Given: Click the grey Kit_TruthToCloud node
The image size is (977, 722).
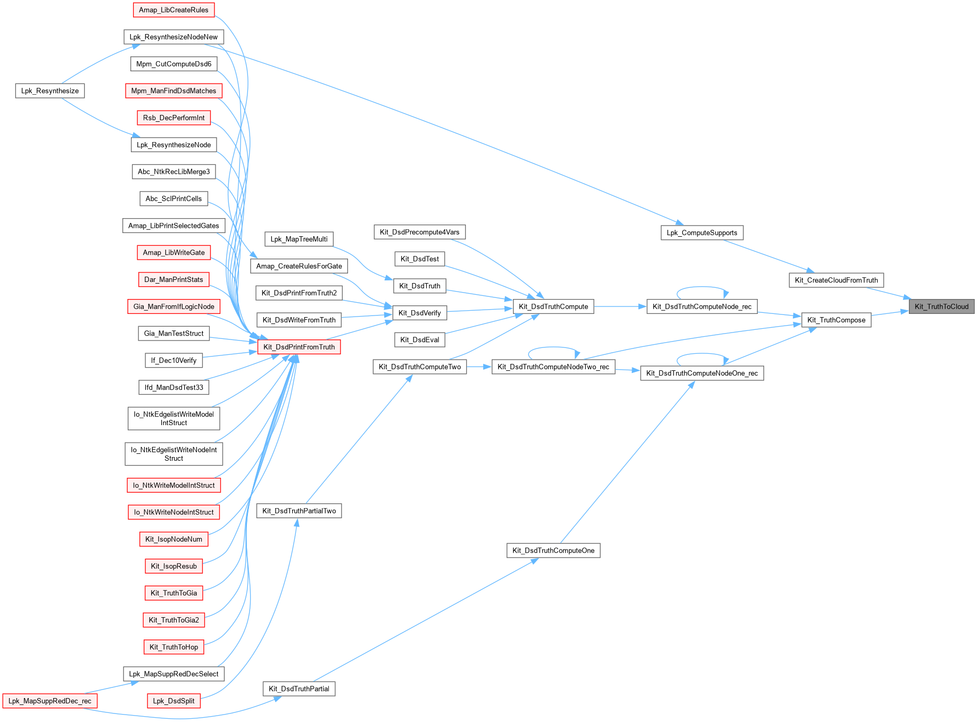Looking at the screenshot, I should (x=941, y=306).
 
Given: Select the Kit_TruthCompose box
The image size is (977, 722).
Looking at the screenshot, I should (x=836, y=320).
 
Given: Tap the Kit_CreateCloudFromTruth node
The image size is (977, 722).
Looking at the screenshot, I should (x=836, y=280).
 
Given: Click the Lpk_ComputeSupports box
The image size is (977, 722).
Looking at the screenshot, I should (x=702, y=233).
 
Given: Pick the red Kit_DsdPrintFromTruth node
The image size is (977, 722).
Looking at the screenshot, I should (x=299, y=347).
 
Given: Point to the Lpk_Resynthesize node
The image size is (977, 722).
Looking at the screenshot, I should (x=50, y=91).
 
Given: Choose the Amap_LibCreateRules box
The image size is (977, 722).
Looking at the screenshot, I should (x=173, y=10).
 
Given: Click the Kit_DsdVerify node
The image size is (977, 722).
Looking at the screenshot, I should (x=419, y=313).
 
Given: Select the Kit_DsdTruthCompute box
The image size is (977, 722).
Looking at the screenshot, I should (x=553, y=306).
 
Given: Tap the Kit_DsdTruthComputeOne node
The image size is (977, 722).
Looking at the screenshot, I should (x=553, y=551).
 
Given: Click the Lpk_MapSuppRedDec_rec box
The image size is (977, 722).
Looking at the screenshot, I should (x=50, y=701).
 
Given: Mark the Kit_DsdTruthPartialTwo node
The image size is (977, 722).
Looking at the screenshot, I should (x=299, y=511).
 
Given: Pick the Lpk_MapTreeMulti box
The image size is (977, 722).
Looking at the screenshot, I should (x=299, y=239).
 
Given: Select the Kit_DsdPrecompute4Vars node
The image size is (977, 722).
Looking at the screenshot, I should (x=419, y=232).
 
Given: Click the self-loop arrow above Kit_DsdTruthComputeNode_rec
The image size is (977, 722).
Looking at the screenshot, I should (x=702, y=287).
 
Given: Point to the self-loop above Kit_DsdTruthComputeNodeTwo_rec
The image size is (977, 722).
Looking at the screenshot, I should (x=553, y=347).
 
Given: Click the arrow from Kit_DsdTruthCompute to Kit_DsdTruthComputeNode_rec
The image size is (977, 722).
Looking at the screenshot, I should (x=620, y=306).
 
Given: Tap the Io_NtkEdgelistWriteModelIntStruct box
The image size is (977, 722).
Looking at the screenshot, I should (x=173, y=418).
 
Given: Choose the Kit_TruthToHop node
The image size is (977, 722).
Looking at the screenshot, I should (x=173, y=647).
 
